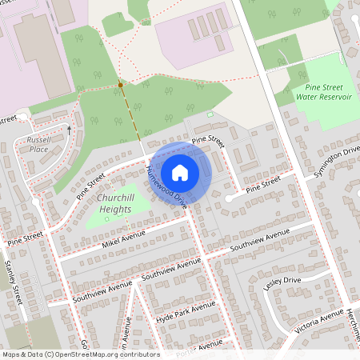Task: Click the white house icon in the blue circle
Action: click(x=180, y=172)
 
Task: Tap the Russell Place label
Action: click(x=38, y=144)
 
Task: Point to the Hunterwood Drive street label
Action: click(x=166, y=189)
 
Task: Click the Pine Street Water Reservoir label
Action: click(x=324, y=91)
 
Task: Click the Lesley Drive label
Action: click(x=282, y=283)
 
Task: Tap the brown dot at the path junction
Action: click(x=121, y=84)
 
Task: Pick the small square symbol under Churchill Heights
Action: click(x=106, y=218)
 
